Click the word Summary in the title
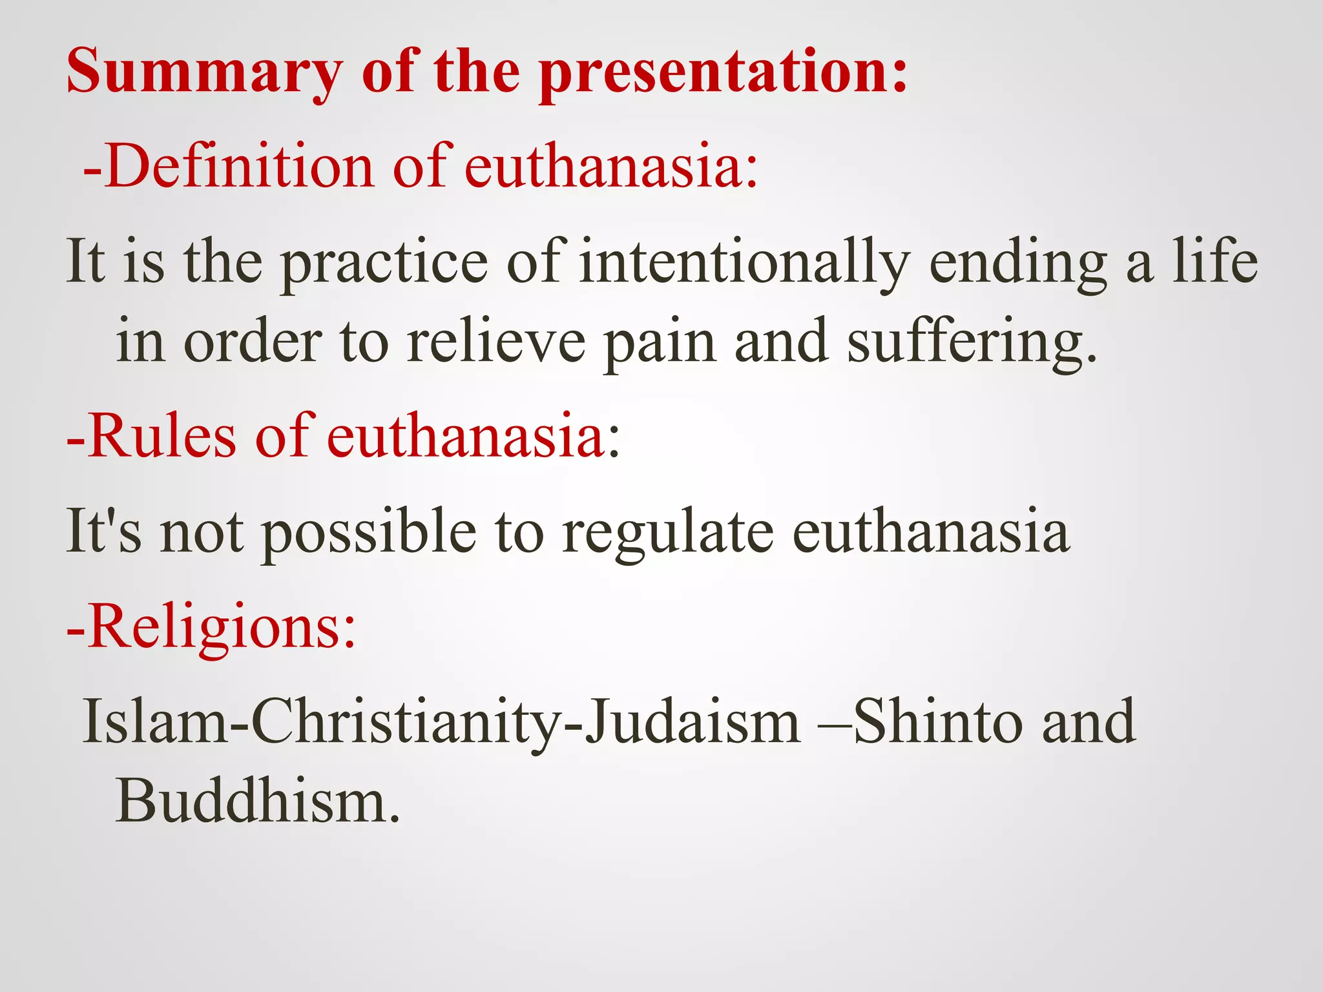(204, 72)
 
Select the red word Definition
(239, 167)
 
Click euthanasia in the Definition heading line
(610, 167)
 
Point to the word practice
(385, 262)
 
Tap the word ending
(1018, 262)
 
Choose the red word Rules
(161, 437)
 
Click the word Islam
(155, 721)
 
